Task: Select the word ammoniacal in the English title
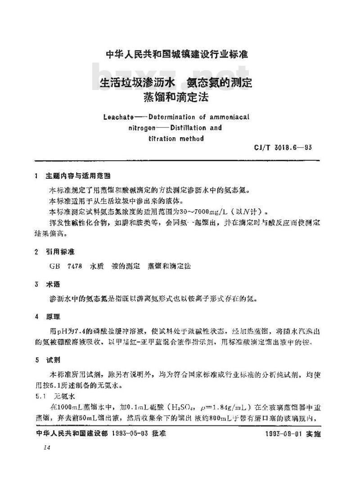pyautogui.click(x=228, y=117)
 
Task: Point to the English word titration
pyautogui.click(x=162, y=139)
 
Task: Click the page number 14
pyautogui.click(x=46, y=448)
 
